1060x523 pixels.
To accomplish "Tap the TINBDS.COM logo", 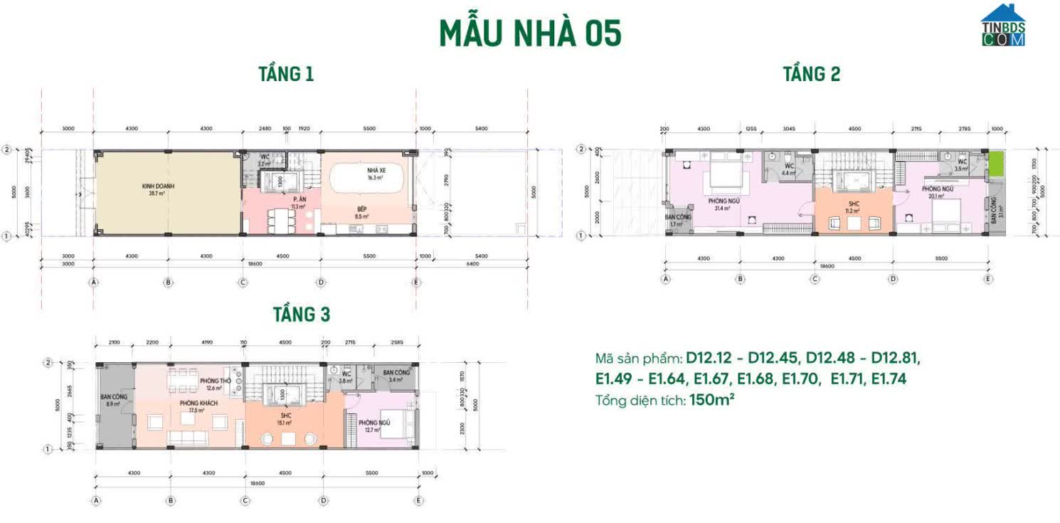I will [1003, 26].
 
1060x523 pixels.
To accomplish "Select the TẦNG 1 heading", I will [286, 74].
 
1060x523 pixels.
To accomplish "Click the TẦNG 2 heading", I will [812, 74].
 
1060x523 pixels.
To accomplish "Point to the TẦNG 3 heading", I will [302, 314].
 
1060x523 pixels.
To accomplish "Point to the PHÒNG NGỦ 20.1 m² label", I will [937, 192].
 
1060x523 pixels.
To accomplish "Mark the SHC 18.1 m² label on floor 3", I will [285, 418].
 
